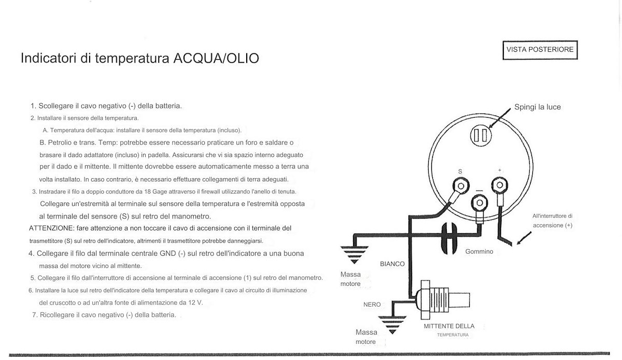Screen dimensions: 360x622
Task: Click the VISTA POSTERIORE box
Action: [540, 50]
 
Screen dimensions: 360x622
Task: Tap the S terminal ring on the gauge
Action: [459, 186]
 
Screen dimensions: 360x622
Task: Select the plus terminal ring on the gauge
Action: [499, 184]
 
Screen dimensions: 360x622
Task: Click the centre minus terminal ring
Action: [479, 203]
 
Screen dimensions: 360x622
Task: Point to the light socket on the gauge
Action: [479, 136]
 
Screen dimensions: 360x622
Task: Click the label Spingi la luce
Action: [537, 107]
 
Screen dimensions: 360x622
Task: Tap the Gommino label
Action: [479, 252]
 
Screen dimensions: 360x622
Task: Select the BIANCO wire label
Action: [392, 264]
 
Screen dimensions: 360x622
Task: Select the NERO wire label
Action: [372, 305]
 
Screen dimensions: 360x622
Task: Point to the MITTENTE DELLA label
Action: [448, 326]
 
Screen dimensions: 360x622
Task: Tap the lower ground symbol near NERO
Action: [392, 324]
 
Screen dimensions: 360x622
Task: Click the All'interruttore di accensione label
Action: [552, 221]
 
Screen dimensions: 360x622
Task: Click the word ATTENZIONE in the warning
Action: [51, 228]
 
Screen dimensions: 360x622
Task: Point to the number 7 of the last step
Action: [34, 314]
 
